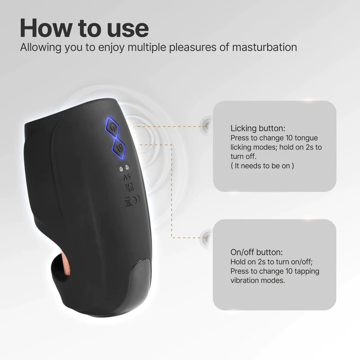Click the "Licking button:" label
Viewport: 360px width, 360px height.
(258, 128)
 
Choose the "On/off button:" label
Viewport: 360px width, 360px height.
(256, 252)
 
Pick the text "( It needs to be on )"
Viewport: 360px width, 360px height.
(262, 166)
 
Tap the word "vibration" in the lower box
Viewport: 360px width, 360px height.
(246, 280)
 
